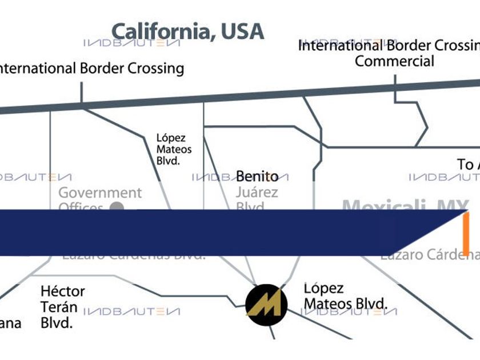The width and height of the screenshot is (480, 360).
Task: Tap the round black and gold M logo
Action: [266, 304]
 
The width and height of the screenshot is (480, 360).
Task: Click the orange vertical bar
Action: [466, 233]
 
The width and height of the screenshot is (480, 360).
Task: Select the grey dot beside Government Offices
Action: [117, 207]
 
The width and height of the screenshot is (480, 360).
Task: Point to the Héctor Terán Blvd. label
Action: [62, 307]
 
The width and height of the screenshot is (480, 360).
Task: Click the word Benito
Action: [257, 176]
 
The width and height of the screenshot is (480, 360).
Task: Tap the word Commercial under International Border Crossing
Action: [394, 61]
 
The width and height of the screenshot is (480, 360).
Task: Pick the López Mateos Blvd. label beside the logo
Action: [345, 295]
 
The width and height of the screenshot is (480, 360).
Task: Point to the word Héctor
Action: [63, 291]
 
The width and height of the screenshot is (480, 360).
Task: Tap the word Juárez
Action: [257, 192]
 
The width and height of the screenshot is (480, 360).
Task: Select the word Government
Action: [100, 193]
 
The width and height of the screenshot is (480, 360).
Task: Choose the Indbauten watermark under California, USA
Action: [132, 43]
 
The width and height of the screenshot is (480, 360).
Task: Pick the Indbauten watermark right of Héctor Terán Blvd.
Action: [132, 312]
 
